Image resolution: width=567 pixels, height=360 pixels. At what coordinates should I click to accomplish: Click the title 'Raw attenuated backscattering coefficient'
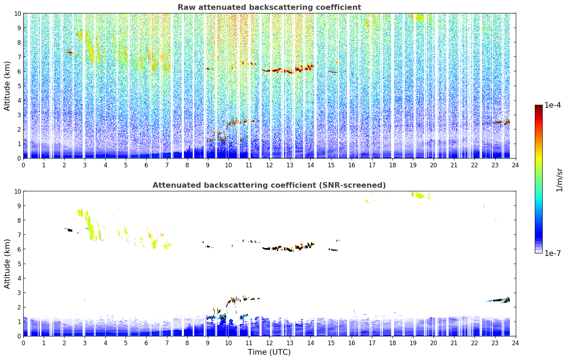click(x=269, y=7)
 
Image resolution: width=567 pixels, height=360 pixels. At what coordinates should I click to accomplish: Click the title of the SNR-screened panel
click(x=269, y=185)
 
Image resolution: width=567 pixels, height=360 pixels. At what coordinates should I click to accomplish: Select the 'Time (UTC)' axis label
click(x=269, y=352)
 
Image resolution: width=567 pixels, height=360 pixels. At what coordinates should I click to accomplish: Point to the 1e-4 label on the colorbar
click(x=553, y=105)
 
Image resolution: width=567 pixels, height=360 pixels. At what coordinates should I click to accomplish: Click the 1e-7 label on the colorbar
click(x=553, y=253)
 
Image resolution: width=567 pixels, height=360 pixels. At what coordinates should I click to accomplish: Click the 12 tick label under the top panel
click(x=269, y=166)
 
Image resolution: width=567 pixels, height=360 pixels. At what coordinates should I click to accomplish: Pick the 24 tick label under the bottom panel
click(x=515, y=343)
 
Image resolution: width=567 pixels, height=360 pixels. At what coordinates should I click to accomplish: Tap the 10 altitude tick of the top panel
click(x=17, y=13)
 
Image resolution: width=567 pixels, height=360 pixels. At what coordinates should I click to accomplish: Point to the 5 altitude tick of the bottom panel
click(x=19, y=264)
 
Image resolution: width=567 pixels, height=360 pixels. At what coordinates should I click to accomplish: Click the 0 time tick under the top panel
click(x=23, y=166)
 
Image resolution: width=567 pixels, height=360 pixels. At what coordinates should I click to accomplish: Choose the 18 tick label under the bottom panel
click(x=392, y=343)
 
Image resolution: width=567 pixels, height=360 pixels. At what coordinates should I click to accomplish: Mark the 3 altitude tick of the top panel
click(x=19, y=115)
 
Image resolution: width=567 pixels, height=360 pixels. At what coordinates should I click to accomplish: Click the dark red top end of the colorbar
click(x=539, y=106)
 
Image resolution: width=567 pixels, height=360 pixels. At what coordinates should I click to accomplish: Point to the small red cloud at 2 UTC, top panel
click(x=69, y=52)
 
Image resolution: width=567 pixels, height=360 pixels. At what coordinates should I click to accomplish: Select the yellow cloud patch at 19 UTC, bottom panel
click(x=420, y=196)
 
